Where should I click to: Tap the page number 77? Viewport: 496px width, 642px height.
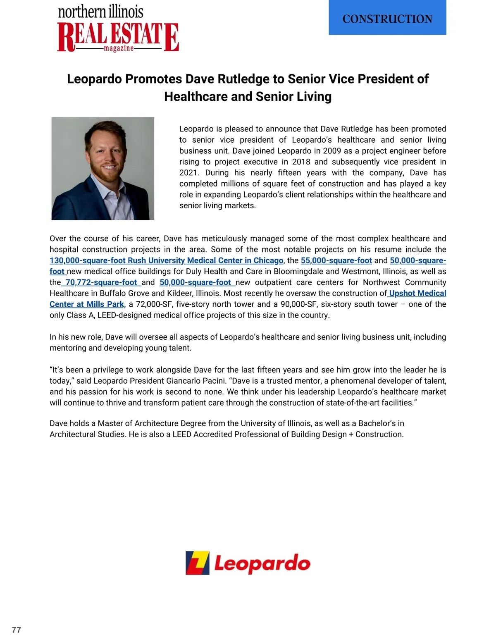(17, 630)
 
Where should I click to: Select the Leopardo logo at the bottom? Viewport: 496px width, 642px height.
(248, 563)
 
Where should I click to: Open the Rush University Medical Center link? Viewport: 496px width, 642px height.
(166, 260)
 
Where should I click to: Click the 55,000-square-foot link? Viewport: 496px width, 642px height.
(336, 260)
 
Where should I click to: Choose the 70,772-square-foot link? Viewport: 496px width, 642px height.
(101, 282)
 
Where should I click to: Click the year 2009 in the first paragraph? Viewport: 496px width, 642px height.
(332, 151)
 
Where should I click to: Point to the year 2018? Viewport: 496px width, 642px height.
(301, 162)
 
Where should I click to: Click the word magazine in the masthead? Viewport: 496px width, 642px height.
(119, 49)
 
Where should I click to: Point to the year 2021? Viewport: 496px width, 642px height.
(188, 173)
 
